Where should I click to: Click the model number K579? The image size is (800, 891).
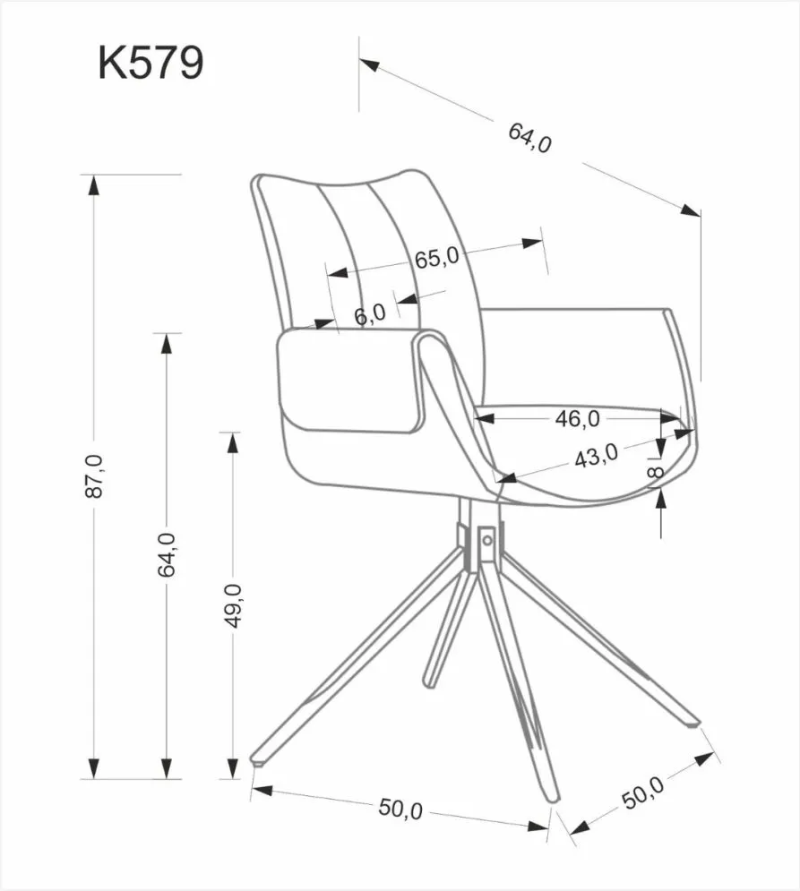(151, 64)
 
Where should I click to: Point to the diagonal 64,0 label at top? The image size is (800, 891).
(529, 138)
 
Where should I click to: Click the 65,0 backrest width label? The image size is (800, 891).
(436, 257)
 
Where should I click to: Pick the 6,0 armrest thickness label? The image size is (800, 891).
(369, 314)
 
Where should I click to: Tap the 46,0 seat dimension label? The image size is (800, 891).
(576, 417)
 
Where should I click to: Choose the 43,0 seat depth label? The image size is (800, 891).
(596, 457)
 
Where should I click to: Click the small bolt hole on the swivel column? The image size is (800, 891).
(486, 539)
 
